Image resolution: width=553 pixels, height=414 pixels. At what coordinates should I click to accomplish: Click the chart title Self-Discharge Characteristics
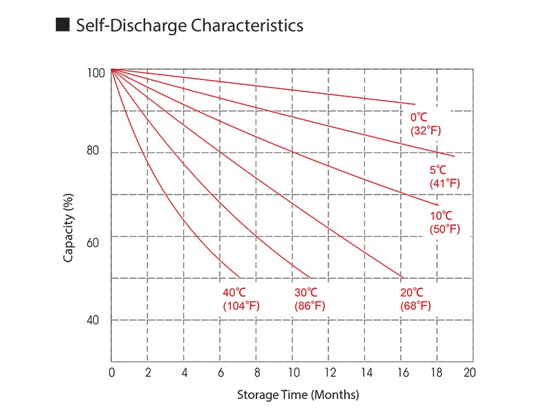click(x=189, y=26)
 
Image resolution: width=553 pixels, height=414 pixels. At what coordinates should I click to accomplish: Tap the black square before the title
click(x=63, y=26)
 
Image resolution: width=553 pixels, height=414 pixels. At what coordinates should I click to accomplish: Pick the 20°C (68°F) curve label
click(x=415, y=299)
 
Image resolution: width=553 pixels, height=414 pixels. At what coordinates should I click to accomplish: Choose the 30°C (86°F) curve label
click(x=309, y=299)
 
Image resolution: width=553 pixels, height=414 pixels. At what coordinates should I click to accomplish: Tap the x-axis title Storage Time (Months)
click(x=298, y=395)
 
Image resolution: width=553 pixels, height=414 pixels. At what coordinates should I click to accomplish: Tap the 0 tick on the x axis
click(x=111, y=373)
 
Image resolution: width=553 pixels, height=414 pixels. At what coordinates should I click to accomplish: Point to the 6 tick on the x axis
click(x=220, y=373)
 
